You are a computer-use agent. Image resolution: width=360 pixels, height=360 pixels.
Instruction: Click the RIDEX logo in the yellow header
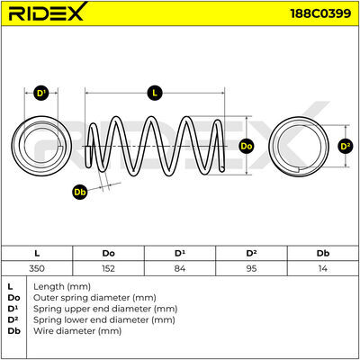47,13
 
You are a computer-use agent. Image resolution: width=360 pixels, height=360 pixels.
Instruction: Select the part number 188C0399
320,13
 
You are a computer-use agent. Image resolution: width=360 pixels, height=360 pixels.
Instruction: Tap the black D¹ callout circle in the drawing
40,93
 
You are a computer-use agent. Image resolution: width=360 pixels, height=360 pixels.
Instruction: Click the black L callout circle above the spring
155,93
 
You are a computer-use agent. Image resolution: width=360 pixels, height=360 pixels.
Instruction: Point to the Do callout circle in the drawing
247,146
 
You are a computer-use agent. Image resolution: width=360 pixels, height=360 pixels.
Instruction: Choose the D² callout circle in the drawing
346,146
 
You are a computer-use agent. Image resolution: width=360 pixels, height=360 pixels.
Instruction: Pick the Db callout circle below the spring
80,192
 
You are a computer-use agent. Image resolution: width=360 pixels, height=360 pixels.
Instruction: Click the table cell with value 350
37,268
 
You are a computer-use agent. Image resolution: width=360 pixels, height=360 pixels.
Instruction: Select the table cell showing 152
108,268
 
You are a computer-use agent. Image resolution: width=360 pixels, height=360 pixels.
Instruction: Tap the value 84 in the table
180,268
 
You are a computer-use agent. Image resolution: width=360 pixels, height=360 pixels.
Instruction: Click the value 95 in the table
251,268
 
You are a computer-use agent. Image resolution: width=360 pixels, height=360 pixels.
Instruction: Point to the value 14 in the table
322,268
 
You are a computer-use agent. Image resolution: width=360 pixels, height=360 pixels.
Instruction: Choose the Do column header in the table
108,254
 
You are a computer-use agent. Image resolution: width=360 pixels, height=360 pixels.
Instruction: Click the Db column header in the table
323,254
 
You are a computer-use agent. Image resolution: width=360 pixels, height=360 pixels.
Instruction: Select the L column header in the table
37,254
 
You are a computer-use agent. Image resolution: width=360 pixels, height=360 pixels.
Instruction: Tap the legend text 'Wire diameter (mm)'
77,331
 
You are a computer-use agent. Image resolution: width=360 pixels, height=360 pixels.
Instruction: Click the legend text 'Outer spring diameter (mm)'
94,298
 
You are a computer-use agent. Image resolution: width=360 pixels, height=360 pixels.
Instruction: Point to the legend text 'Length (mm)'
62,287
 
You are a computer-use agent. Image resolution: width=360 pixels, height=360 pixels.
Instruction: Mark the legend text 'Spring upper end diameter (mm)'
105,309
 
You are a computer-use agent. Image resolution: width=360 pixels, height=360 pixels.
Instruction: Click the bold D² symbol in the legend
13,319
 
